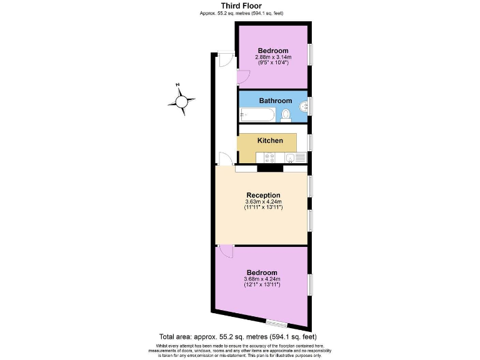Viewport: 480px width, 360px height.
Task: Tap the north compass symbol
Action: tap(182, 100)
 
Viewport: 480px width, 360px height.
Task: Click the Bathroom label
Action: tap(276, 101)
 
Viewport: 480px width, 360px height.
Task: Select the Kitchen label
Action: tap(270, 141)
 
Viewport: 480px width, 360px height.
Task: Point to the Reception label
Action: tap(263, 195)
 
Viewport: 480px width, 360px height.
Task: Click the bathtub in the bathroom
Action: tap(257, 114)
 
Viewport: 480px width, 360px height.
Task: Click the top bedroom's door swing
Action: tap(243, 78)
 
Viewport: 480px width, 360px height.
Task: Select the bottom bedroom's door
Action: tap(225, 251)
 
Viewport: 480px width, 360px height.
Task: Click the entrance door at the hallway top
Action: tap(224, 60)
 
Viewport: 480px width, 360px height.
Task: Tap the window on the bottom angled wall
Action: tap(276, 322)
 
